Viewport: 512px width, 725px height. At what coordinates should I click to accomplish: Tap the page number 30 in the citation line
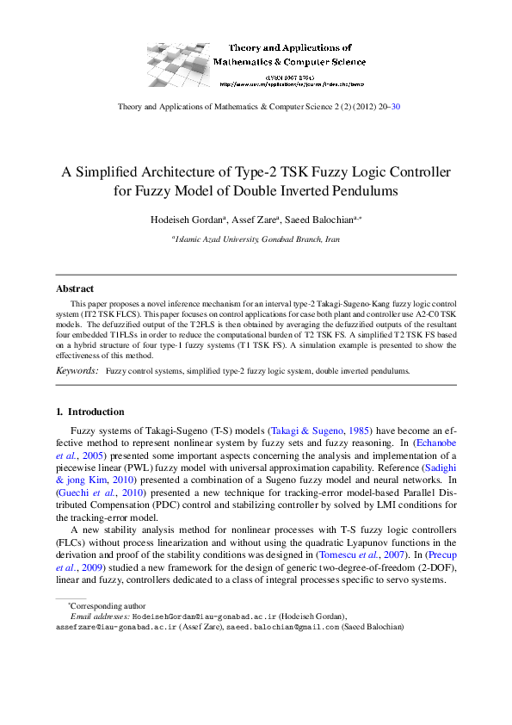pyautogui.click(x=395, y=107)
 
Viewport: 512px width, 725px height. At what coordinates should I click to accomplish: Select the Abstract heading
pyautogui.click(x=75, y=288)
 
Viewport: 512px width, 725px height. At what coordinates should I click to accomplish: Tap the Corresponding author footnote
pyautogui.click(x=108, y=606)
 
